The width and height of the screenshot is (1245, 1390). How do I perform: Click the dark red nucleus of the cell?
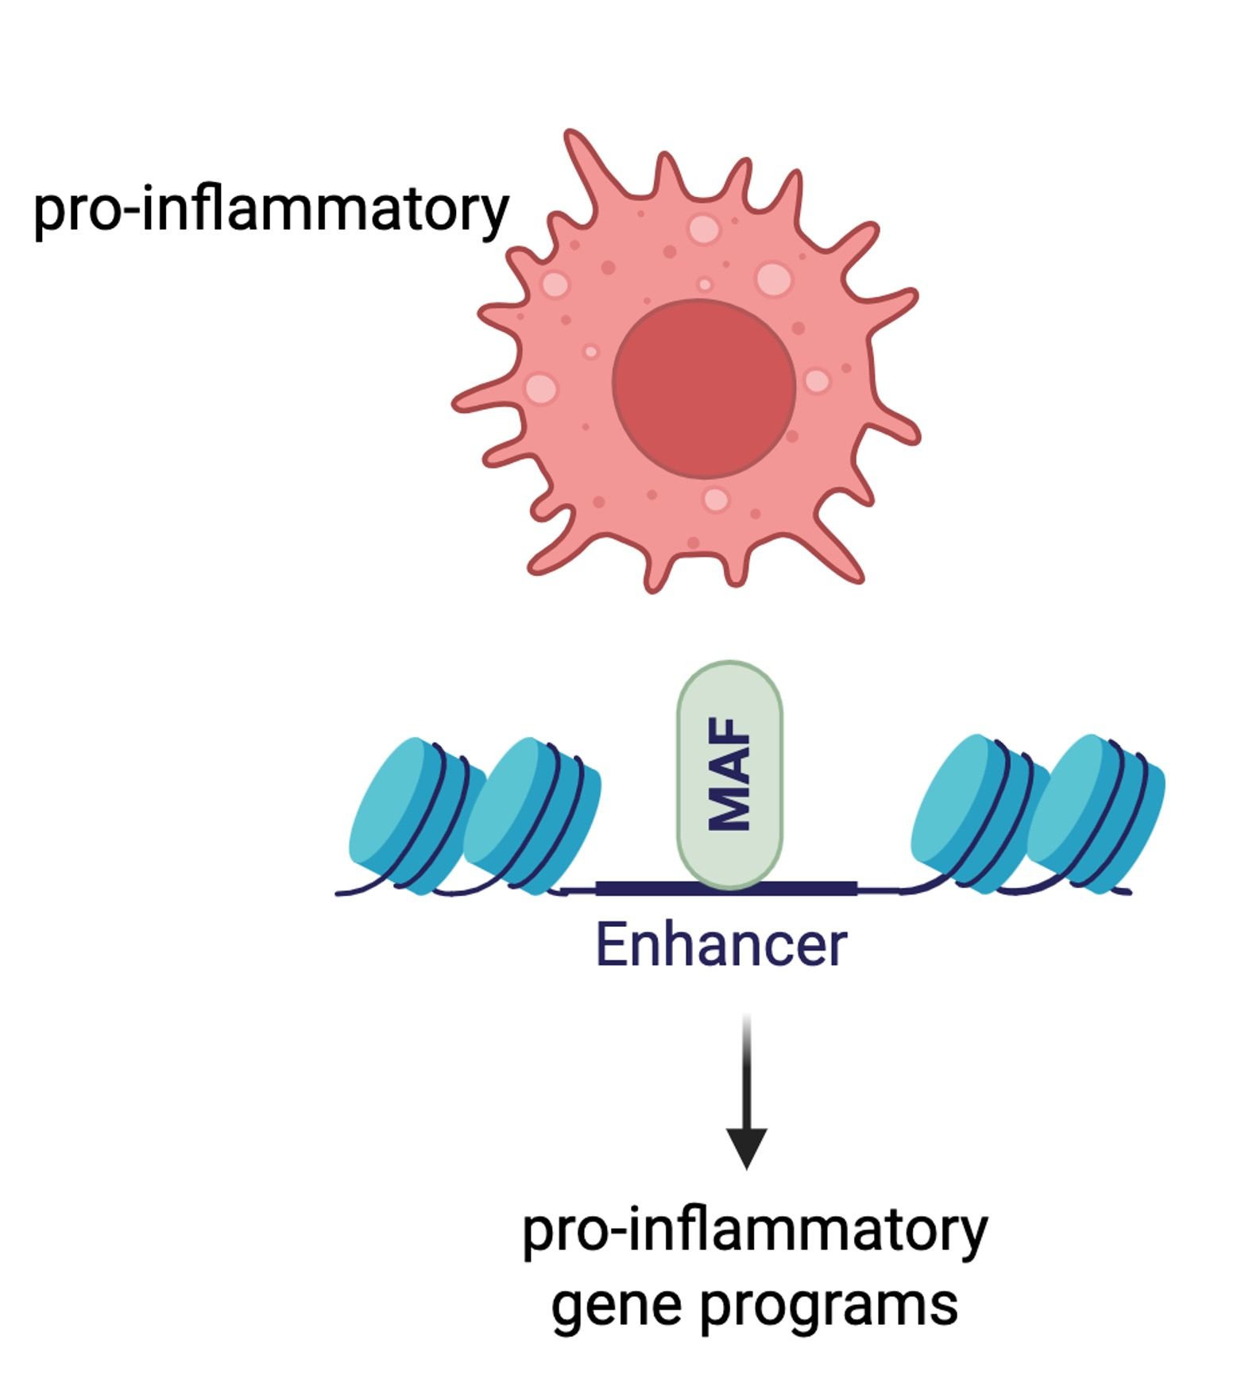click(x=704, y=388)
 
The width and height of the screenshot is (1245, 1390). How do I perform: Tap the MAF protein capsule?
click(x=729, y=774)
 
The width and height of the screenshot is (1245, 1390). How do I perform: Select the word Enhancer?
click(x=721, y=944)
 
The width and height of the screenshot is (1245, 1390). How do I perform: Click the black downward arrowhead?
click(x=747, y=1147)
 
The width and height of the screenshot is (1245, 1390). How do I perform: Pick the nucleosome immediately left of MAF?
click(x=531, y=814)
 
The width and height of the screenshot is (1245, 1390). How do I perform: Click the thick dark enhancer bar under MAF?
click(x=636, y=888)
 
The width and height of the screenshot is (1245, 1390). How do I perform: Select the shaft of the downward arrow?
click(x=747, y=1072)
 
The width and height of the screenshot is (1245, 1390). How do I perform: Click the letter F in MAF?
click(x=729, y=732)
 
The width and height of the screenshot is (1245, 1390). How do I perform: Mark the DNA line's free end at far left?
click(x=338, y=894)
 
